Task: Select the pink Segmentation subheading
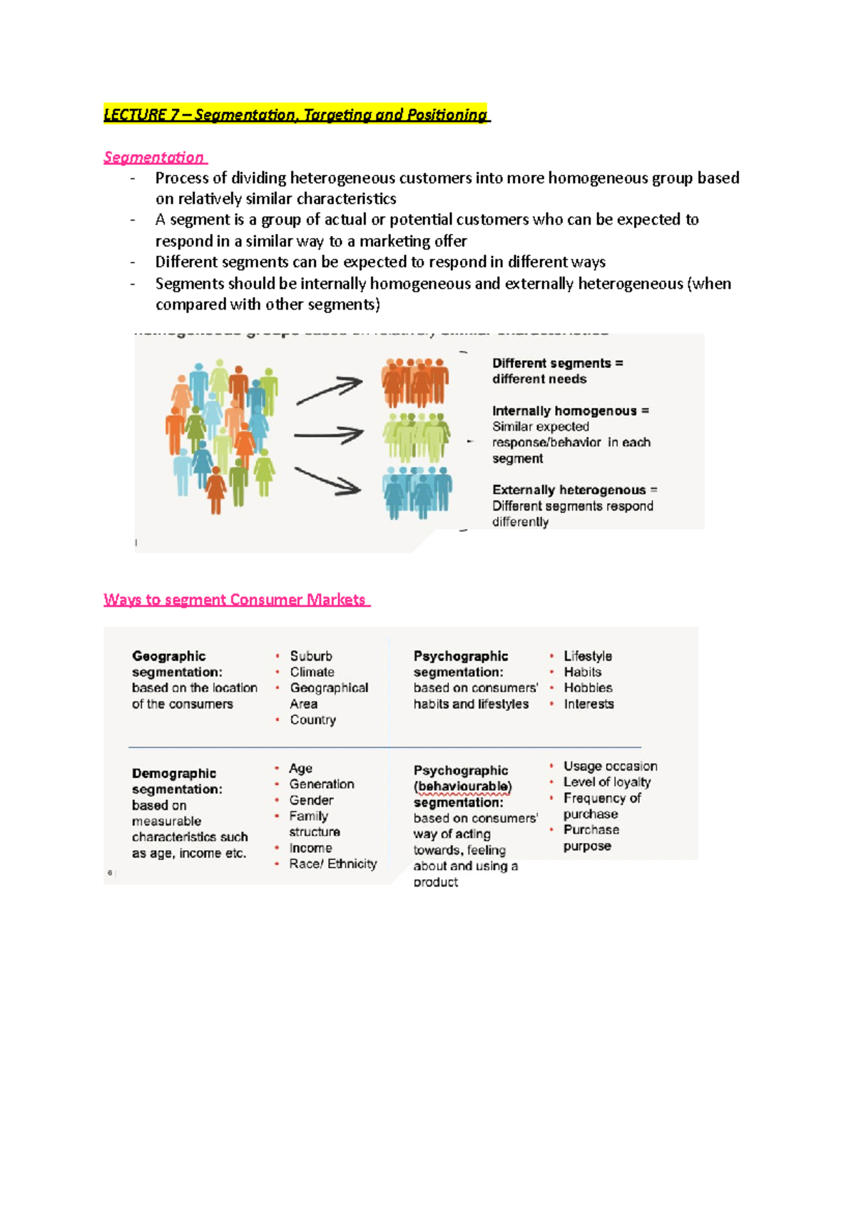click(x=154, y=157)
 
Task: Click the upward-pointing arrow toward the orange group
click(x=329, y=391)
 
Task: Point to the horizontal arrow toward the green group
click(x=328, y=434)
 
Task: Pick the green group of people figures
click(x=416, y=436)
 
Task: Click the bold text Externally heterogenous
click(x=569, y=490)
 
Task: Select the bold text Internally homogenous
click(x=564, y=411)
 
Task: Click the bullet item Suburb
click(x=311, y=656)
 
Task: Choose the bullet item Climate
click(x=312, y=672)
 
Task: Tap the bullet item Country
click(x=312, y=720)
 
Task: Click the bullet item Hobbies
click(x=588, y=688)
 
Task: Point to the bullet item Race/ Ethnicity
click(x=332, y=864)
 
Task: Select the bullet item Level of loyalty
click(x=606, y=782)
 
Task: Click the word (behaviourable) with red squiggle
click(x=462, y=787)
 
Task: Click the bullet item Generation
click(x=321, y=784)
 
